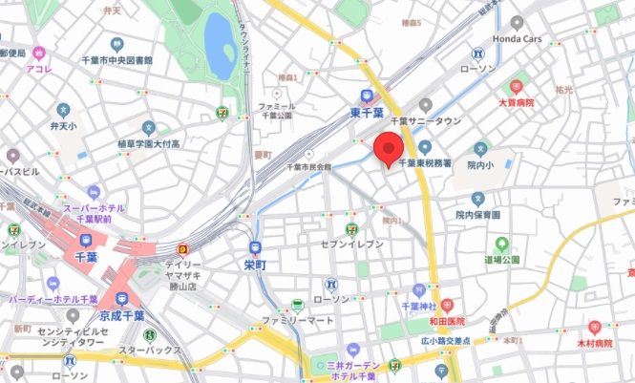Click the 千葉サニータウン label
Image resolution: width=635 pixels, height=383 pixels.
click(x=431, y=121)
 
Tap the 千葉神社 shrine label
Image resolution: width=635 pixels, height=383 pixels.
click(x=412, y=307)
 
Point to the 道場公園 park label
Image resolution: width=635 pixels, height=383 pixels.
click(x=500, y=259)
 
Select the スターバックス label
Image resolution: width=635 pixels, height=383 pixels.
click(x=150, y=350)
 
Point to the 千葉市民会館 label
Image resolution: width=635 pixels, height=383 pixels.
click(x=308, y=165)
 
